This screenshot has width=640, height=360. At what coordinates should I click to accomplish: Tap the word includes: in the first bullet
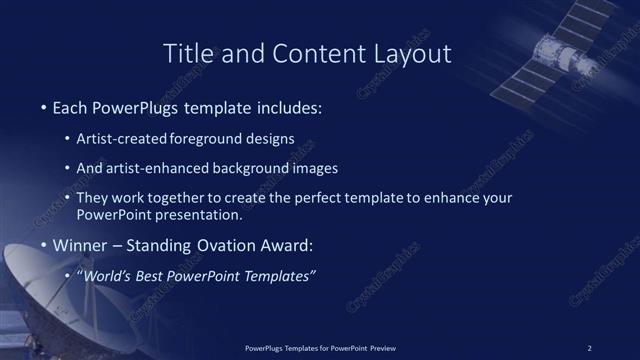click(288, 105)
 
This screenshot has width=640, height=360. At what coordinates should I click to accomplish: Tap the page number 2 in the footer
click(589, 348)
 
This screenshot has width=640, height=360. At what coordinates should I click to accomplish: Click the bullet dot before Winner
click(42, 246)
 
